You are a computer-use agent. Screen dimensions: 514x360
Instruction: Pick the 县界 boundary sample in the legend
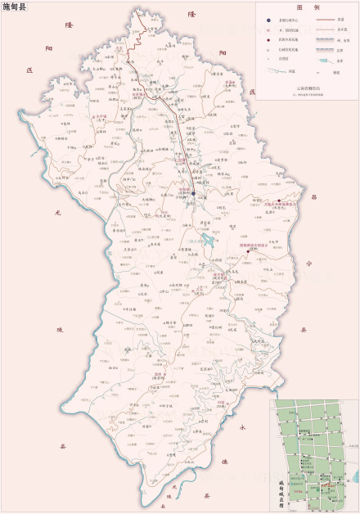326,49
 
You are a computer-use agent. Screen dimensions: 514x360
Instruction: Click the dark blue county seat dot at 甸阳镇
194,194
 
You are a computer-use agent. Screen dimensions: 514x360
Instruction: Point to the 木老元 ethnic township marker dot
278,201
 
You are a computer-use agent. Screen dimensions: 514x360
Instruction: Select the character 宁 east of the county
308,264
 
